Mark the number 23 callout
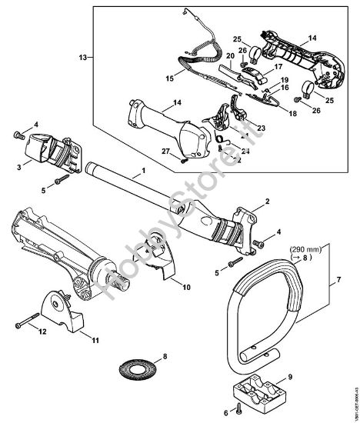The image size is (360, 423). pyautogui.click(x=261, y=128)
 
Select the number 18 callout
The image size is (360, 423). pyautogui.click(x=270, y=113)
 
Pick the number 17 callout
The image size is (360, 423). pyautogui.click(x=268, y=68)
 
